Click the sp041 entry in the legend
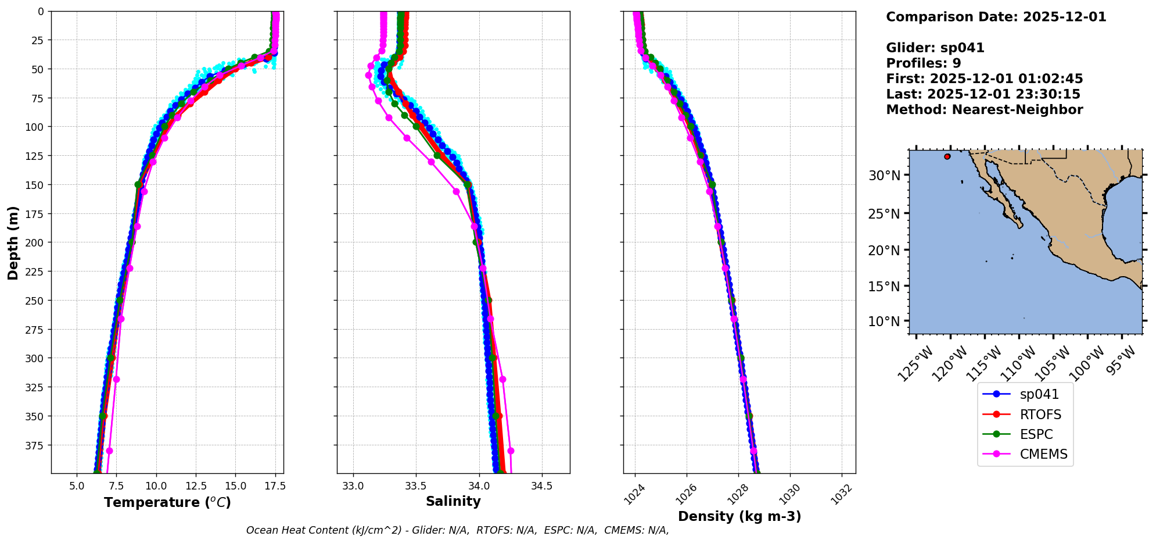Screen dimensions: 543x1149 coord(1039,394)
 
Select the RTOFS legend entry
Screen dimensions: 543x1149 coord(1040,415)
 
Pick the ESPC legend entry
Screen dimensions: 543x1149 coord(1036,434)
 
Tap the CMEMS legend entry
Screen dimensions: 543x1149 coord(1043,454)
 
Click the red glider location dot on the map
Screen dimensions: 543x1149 coord(947,156)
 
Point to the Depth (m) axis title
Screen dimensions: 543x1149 coord(13,242)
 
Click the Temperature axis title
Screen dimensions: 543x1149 coord(167,502)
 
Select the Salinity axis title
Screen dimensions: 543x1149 coord(453,501)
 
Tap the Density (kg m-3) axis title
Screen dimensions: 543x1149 coord(739,516)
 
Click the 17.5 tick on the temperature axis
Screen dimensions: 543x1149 coord(275,486)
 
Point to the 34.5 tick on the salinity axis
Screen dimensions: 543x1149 coord(541,486)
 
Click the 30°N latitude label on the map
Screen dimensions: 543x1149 coord(884,176)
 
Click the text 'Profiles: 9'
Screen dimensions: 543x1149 coord(923,63)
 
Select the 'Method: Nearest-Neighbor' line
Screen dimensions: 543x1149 coord(984,110)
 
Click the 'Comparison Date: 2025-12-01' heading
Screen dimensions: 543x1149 coord(996,17)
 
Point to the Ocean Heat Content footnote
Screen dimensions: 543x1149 coord(457,530)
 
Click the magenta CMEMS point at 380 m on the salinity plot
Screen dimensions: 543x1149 coord(511,451)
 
